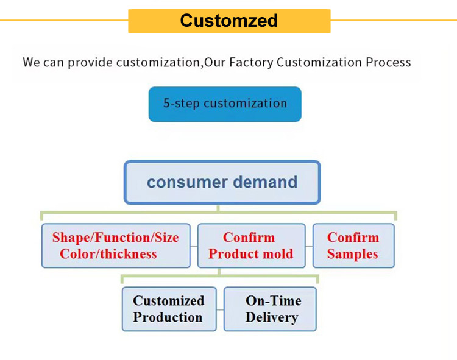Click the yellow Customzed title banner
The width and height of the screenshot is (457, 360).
click(229, 21)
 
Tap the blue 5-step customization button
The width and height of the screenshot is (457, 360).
click(225, 104)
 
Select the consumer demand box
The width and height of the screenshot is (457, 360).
click(222, 182)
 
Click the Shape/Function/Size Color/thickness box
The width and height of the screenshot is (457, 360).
click(116, 245)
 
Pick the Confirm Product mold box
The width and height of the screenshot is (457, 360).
click(251, 245)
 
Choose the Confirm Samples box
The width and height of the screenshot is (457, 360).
click(353, 245)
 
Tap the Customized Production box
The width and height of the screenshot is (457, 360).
click(169, 309)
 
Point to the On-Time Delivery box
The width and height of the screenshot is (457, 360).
click(270, 309)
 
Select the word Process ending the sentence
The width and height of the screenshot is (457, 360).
click(388, 62)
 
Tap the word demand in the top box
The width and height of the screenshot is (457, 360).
click(265, 182)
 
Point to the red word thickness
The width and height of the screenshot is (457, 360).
click(128, 254)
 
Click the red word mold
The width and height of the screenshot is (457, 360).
click(278, 253)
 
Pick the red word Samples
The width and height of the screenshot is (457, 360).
click(352, 254)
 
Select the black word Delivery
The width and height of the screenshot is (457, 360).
click(272, 317)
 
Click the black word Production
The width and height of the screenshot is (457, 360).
click(168, 317)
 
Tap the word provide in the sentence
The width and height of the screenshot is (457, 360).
click(90, 63)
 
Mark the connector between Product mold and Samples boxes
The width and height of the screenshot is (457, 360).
click(309, 247)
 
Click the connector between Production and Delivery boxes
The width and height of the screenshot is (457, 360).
click(220, 310)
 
